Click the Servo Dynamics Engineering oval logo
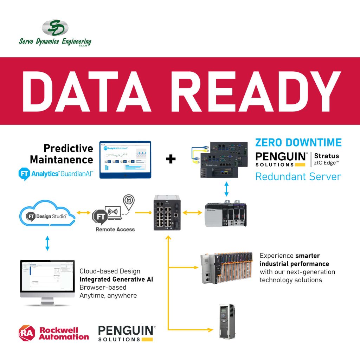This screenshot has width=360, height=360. (x=55, y=28)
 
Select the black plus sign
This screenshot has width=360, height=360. (x=171, y=159)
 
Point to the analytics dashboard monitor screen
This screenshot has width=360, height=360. (x=125, y=159)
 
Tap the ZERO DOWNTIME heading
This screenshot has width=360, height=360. (x=298, y=142)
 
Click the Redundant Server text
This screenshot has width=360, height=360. (x=298, y=176)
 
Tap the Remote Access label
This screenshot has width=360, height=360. (x=115, y=230)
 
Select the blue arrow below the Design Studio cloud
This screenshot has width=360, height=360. (x=47, y=243)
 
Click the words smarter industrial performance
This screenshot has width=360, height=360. (x=295, y=260)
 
